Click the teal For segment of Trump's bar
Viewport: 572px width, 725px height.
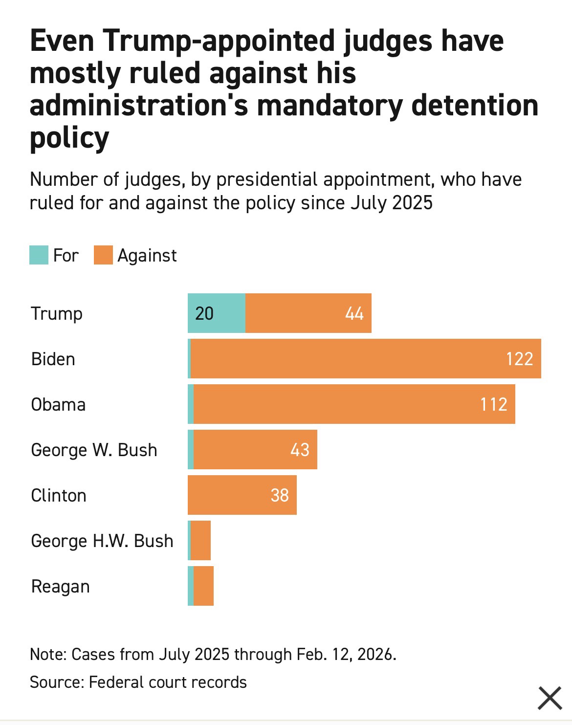217,313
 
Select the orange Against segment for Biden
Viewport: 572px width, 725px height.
366,359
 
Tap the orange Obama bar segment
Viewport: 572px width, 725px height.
354,404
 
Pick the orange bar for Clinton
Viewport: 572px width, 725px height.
242,495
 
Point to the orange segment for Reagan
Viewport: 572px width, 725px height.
204,586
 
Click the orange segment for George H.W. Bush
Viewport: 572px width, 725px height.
201,541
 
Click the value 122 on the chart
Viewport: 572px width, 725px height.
520,359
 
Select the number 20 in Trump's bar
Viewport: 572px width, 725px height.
204,313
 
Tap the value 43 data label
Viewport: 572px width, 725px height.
300,450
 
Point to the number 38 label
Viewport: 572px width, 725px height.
280,495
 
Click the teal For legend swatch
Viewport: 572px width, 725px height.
39,255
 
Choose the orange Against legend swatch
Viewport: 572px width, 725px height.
104,255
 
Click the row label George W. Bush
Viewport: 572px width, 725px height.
94,450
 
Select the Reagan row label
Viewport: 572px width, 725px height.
61,586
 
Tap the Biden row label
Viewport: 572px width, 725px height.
53,359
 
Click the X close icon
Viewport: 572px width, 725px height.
550,698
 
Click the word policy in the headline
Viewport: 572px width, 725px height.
69,138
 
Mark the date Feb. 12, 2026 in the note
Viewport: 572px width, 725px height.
346,654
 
